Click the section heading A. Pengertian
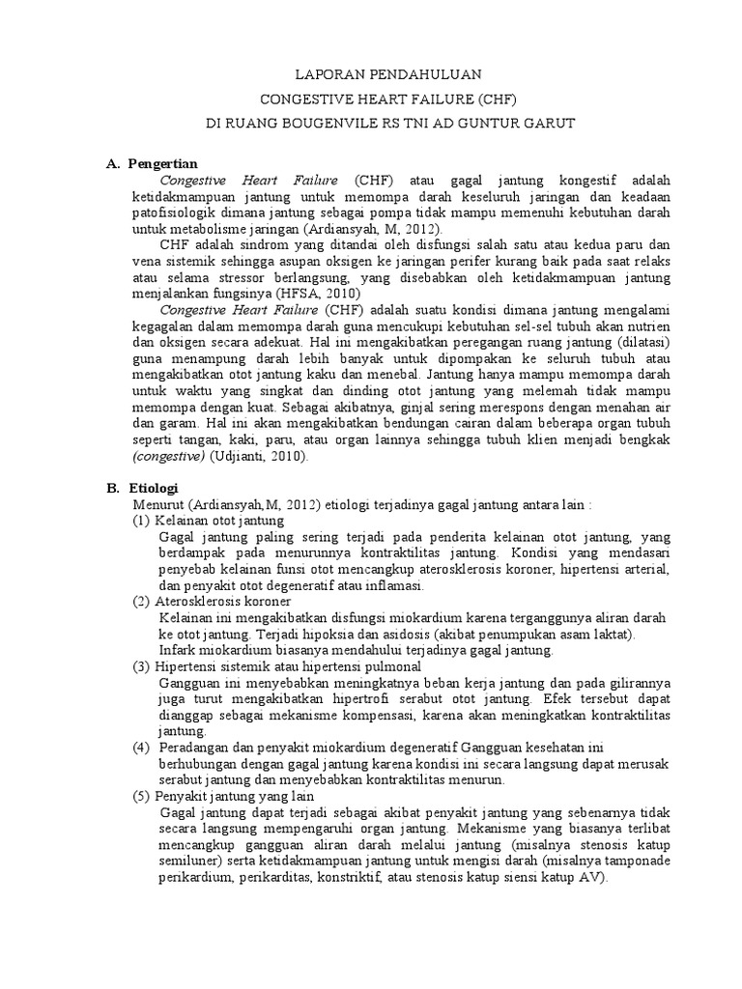tap(152, 163)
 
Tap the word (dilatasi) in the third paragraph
tap(614, 342)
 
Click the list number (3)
tap(142, 667)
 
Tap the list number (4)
tap(142, 749)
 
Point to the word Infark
tap(177, 651)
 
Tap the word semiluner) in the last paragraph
tap(189, 862)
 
